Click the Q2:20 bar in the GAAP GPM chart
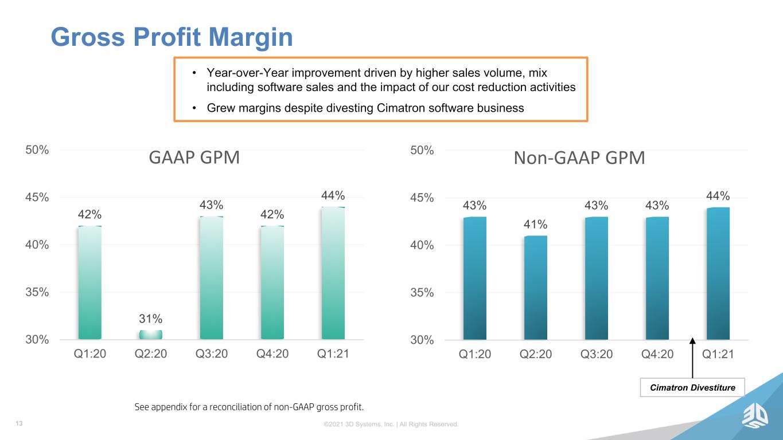(151, 335)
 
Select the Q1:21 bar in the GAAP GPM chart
(333, 273)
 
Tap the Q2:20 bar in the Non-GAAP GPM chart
(536, 288)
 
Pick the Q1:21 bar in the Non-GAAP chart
(718, 273)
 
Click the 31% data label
(151, 319)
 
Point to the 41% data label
(536, 224)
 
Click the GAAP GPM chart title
(194, 157)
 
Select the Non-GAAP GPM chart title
(579, 158)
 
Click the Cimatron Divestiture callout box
(692, 387)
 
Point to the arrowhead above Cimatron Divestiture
(692, 340)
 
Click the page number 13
(19, 423)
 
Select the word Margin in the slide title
(251, 38)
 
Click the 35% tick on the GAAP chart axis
(37, 292)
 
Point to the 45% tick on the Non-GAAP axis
(422, 198)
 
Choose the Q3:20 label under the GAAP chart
(212, 353)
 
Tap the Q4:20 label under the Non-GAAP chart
(657, 354)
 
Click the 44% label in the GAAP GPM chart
(333, 195)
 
